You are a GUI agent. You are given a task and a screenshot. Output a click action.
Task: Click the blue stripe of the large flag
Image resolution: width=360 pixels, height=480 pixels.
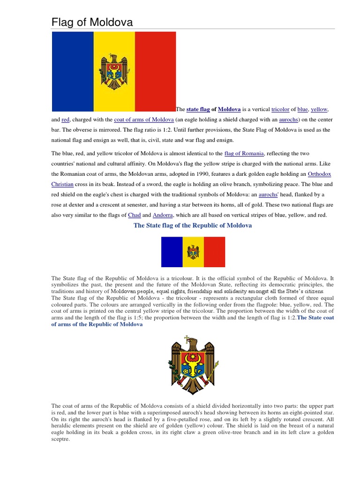(73, 71)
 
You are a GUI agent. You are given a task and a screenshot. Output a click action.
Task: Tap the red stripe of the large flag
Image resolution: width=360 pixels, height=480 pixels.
(155, 71)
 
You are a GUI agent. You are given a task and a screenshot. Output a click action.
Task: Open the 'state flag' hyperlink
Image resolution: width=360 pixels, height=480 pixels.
(198, 109)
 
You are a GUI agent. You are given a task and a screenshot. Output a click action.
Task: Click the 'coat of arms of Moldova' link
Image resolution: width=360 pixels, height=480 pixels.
(143, 120)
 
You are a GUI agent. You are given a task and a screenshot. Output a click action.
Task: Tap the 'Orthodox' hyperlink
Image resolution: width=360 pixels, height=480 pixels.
(316, 174)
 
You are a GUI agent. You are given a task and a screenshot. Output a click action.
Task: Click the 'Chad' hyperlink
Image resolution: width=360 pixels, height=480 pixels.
(134, 215)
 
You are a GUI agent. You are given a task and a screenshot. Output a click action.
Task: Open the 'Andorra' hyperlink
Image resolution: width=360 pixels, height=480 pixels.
(162, 215)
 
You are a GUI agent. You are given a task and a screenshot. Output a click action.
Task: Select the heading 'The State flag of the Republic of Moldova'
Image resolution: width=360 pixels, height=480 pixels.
(193, 225)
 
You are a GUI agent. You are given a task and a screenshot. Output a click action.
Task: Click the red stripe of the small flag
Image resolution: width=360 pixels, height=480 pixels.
(214, 252)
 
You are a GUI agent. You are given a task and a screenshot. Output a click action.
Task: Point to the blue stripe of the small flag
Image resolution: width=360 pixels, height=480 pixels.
(172, 252)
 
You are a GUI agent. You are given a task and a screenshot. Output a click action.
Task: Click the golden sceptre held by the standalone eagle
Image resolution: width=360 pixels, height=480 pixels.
(212, 375)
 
